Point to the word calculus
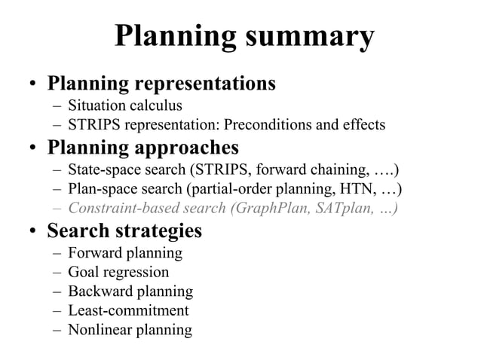click(157, 105)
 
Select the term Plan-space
click(100, 188)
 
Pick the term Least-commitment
click(128, 310)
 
